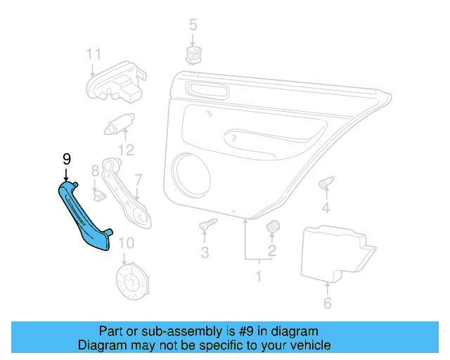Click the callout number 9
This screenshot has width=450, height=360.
67,159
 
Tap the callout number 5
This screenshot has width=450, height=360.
193,27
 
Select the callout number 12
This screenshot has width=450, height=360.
126,150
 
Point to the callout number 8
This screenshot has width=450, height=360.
95,171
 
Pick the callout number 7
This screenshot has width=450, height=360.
139,180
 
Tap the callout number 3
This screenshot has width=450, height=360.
205,252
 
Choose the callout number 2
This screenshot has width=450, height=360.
271,251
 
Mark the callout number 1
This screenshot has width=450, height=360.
257,276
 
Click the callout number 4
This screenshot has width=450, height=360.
326,207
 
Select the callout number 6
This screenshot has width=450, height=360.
328,303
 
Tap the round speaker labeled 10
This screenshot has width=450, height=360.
132,283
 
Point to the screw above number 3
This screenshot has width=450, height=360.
207,226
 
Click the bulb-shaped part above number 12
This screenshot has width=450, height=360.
118,125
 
